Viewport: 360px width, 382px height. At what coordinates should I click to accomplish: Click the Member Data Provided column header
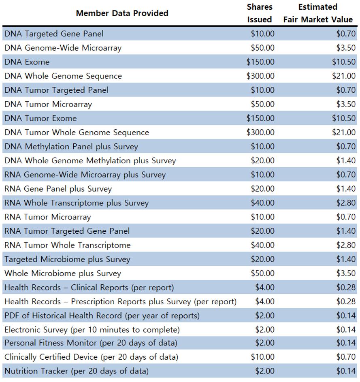122,13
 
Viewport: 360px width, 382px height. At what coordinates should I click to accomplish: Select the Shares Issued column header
260,13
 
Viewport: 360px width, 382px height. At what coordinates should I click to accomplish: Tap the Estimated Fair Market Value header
318,13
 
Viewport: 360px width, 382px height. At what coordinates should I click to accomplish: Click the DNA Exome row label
27,62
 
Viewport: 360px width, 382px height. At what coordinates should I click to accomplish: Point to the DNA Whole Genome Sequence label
63,76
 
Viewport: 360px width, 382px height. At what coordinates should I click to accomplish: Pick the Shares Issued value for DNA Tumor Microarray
262,104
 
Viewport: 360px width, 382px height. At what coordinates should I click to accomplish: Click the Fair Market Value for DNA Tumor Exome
344,118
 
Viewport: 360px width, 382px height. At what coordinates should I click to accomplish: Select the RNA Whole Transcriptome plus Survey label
77,203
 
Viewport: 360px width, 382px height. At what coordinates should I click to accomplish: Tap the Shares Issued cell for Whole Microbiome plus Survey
262,273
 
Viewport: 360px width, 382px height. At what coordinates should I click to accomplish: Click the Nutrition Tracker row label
77,371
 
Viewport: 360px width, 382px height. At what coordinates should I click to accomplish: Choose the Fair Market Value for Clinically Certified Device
346,357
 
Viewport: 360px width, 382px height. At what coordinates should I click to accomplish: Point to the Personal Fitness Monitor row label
91,343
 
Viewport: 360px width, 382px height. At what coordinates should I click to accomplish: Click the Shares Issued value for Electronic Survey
265,330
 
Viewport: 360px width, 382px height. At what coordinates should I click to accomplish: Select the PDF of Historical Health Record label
102,316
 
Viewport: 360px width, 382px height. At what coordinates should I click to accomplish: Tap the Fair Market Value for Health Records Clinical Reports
346,288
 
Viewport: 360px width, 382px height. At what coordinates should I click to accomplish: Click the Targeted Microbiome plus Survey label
67,259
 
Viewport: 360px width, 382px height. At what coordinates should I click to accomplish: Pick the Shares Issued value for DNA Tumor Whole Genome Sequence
260,132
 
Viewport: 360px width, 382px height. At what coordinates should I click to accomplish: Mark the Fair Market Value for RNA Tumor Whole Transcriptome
346,245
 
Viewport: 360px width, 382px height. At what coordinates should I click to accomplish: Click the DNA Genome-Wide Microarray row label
63,48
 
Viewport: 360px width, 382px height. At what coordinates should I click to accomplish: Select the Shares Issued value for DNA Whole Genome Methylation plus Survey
262,160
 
